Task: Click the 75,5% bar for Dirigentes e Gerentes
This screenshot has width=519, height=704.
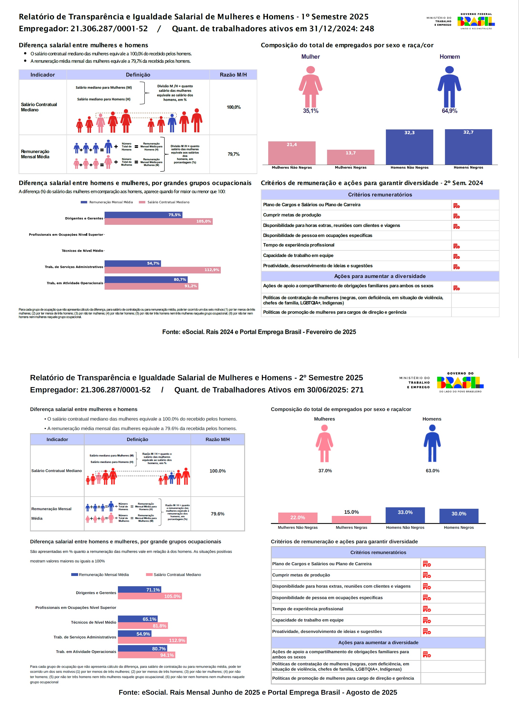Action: (x=143, y=215)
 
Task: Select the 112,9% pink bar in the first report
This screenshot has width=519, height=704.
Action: (x=162, y=270)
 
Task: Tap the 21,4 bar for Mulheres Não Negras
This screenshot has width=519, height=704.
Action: (x=292, y=153)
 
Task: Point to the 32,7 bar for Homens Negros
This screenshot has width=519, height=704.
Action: (x=468, y=147)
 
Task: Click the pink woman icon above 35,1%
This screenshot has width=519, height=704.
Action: (x=310, y=87)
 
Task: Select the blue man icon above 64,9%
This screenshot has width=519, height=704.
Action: (x=449, y=87)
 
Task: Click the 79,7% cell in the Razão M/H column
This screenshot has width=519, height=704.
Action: (x=233, y=154)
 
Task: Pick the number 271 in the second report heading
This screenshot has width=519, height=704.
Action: (x=357, y=390)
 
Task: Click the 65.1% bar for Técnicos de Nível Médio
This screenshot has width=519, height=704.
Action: (x=138, y=619)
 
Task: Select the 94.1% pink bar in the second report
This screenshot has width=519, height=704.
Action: (x=146, y=655)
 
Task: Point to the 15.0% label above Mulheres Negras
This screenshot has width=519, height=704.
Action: (x=351, y=512)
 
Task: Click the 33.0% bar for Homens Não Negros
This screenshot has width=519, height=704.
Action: (x=405, y=515)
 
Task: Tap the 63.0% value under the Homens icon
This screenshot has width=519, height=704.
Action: (x=432, y=470)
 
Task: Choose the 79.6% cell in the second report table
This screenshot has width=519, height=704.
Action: (x=217, y=514)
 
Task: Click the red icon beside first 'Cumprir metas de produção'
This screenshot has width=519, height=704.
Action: (x=456, y=216)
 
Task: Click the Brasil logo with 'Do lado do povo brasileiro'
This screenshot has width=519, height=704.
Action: (x=460, y=382)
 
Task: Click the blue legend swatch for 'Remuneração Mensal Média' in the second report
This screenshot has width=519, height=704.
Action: (x=75, y=575)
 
